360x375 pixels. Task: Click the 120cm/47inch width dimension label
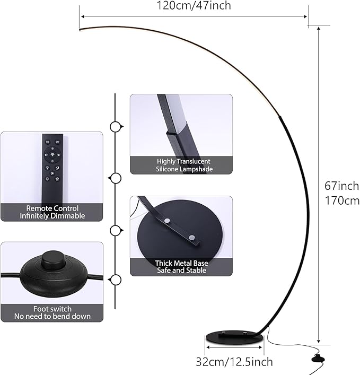point(194,6)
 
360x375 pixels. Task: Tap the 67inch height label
point(341,186)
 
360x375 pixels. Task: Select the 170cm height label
point(341,201)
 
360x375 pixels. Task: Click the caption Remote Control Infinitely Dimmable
point(52,212)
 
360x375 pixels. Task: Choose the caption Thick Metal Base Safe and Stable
point(181,266)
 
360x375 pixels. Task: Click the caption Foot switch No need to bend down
point(52,312)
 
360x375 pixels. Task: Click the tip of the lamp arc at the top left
point(82,29)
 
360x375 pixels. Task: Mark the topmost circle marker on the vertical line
point(115,127)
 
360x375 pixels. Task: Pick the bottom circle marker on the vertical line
point(115,280)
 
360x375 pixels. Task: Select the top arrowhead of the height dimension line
point(318,28)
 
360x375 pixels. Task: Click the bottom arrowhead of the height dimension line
point(318,342)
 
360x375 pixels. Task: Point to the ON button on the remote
point(47,142)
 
